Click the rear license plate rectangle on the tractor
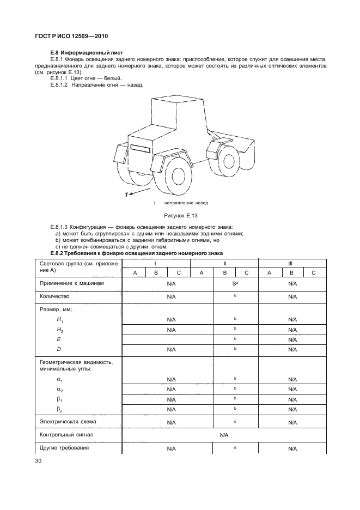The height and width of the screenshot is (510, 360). tap(143, 148)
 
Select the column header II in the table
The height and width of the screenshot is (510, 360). tap(224, 263)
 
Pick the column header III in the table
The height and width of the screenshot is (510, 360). tap(291, 263)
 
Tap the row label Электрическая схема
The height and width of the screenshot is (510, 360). tap(68, 421)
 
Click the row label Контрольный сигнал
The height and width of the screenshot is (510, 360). tap(66, 435)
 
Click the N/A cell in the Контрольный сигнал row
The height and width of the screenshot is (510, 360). tap(224, 435)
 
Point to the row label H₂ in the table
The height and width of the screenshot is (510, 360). tap(60, 330)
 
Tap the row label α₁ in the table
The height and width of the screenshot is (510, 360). tap(60, 380)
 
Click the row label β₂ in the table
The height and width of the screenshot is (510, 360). tap(60, 409)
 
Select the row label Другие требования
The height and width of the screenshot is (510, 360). tap(64, 448)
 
